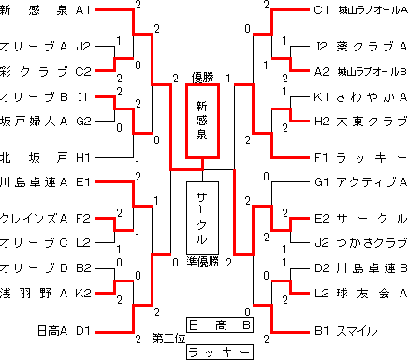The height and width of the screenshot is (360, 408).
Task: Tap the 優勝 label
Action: [x=203, y=77]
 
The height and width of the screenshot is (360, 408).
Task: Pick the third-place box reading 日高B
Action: [x=219, y=325]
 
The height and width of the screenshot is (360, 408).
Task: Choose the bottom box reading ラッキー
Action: [x=219, y=352]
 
